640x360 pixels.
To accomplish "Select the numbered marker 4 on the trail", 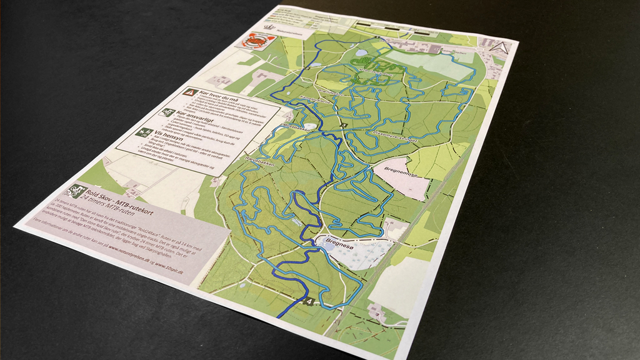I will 309,302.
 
